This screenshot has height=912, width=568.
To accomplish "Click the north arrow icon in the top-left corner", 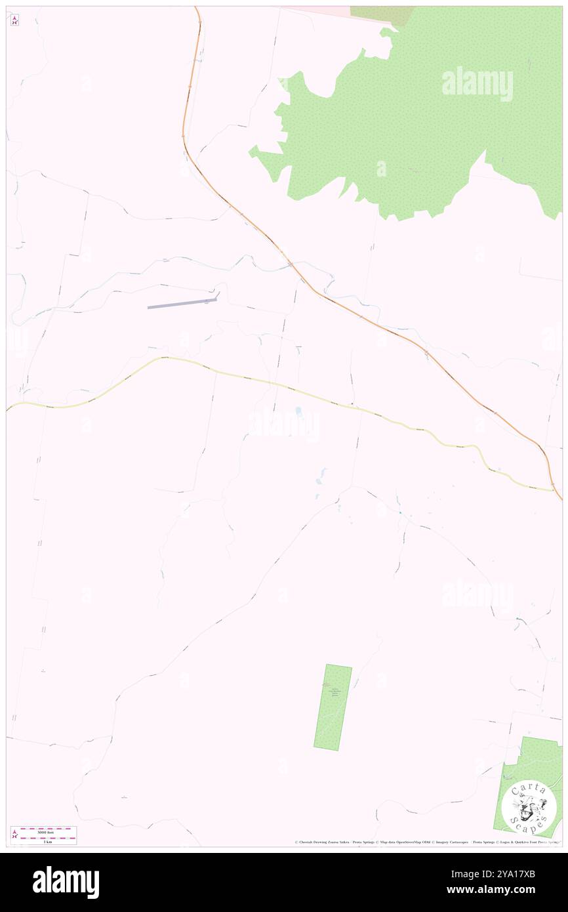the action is click(14, 20).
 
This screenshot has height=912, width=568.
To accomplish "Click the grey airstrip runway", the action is click(182, 303).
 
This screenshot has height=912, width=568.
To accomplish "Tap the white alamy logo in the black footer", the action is click(66, 882).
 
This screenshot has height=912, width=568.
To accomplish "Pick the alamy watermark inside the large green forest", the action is click(477, 84).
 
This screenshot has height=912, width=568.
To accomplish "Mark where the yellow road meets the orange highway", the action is click(555, 491).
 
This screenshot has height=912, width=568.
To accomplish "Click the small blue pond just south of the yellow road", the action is click(298, 411).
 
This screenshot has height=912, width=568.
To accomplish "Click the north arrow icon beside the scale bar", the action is click(14, 835).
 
